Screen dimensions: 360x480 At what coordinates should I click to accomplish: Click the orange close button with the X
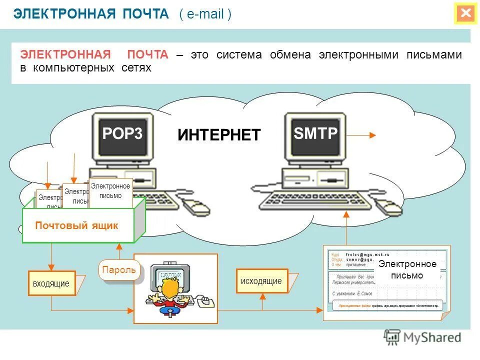coord(466,13)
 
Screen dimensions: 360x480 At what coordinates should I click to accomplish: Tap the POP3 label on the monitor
coord(122,133)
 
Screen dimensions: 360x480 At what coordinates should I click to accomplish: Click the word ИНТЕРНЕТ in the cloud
coord(219,134)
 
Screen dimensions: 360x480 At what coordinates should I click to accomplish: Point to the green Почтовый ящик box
coord(78,225)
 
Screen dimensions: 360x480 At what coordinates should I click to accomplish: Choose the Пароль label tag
coord(119,270)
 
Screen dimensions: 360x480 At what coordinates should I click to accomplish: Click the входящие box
coord(51,283)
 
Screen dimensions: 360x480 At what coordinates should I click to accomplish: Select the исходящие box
coord(261,281)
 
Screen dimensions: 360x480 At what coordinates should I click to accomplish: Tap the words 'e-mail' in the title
coord(205,14)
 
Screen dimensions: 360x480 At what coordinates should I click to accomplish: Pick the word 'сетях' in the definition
coord(136,67)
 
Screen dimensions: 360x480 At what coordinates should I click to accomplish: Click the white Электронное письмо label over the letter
coord(407,270)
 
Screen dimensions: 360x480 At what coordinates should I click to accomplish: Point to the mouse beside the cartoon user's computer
coord(205,301)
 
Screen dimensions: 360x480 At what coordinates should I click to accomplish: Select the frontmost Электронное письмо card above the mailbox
coord(110,191)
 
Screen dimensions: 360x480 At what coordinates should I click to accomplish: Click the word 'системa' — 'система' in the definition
coord(239,55)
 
